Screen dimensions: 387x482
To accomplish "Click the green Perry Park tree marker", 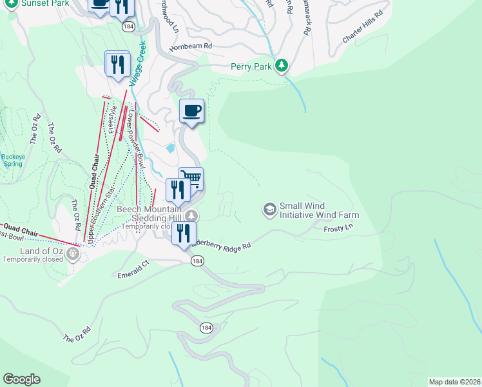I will click(282, 65).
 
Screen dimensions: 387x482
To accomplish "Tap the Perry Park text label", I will click(253, 66).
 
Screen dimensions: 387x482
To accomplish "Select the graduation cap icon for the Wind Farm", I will click(269, 209).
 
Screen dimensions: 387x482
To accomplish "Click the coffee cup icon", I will click(192, 111).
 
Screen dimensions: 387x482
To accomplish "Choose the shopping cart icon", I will click(191, 177).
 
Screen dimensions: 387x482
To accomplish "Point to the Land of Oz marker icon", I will click(72, 253).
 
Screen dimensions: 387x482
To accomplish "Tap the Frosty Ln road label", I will click(339, 228).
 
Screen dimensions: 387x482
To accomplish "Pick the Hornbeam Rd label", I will click(191, 46).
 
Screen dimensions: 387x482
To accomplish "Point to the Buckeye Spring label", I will click(12, 160).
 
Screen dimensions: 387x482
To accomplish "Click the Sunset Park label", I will click(45, 3).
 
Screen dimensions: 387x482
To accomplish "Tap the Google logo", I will click(21, 379).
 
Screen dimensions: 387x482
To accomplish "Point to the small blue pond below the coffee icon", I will click(170, 148).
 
